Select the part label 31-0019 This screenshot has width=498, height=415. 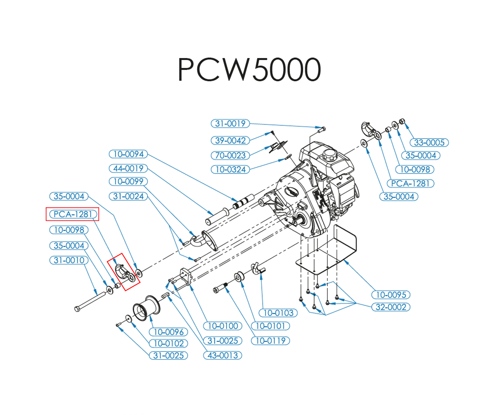[x=231, y=123]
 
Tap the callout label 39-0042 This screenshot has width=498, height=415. [x=231, y=140]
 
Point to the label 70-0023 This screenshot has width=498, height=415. [x=231, y=156]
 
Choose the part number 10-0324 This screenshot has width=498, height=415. [x=230, y=170]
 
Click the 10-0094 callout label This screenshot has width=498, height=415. [x=128, y=154]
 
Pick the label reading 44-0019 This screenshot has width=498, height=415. [x=128, y=168]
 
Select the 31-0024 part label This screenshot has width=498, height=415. [x=128, y=196]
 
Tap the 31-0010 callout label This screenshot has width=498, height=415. [x=69, y=260]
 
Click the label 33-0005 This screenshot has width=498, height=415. [x=429, y=142]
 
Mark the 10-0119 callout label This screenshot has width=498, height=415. [x=271, y=341]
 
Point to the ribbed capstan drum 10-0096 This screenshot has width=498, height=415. [x=146, y=309]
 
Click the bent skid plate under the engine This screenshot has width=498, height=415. [x=332, y=253]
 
